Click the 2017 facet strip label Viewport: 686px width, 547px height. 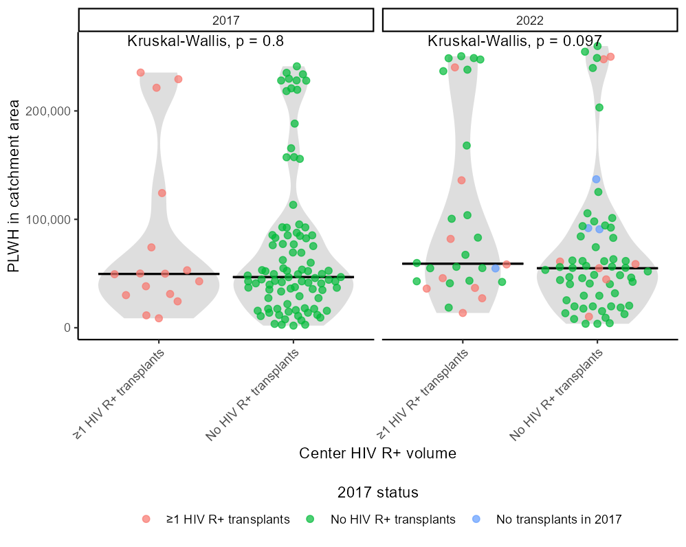tap(226, 21)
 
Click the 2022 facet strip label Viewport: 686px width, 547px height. tap(530, 21)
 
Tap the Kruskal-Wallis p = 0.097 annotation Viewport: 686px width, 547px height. tap(515, 41)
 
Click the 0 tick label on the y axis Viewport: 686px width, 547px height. tap(67, 328)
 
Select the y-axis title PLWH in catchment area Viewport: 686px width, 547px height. tap(14, 186)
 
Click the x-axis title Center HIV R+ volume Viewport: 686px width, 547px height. tap(377, 454)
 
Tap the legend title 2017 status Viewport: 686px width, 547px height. tap(378, 493)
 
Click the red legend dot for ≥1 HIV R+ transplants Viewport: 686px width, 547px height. tap(146, 520)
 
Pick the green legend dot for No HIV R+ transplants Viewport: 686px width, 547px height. tap(310, 520)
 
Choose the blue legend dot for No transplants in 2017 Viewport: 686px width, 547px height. tap(476, 520)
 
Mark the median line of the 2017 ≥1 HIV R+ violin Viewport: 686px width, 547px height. tap(159, 273)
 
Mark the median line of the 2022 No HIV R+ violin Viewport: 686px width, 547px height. tap(597, 268)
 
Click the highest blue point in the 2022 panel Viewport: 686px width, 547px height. tap(597, 179)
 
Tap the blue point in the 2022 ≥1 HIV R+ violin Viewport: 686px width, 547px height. tap(495, 268)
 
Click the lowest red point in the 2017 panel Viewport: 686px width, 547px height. tap(159, 318)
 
